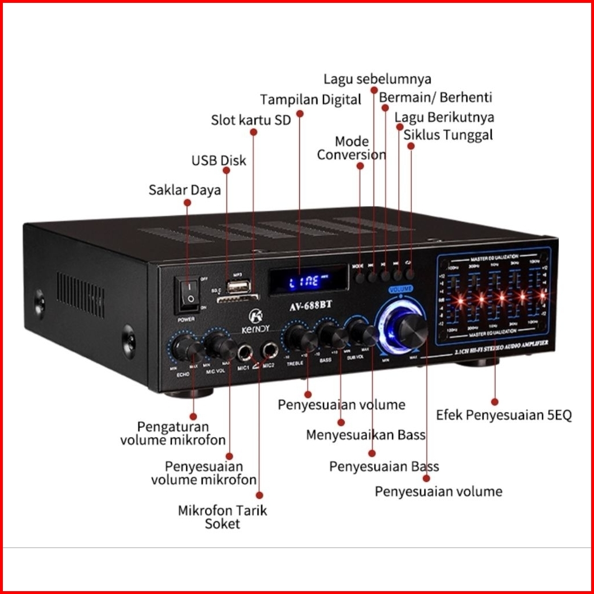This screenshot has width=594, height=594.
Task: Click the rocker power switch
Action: tap(188, 291)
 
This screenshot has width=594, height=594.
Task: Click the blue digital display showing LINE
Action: tap(308, 281)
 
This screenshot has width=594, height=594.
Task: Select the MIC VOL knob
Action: tap(219, 345)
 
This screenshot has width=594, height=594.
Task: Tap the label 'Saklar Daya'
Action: tap(184, 190)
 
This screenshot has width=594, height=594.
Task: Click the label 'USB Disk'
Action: tap(218, 160)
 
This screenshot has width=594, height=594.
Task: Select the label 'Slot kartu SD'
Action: tap(250, 120)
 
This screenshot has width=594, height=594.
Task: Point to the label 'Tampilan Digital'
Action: tap(310, 99)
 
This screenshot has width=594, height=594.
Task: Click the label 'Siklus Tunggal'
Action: tap(448, 135)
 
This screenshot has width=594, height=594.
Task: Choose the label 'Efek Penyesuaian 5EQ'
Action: tap(504, 415)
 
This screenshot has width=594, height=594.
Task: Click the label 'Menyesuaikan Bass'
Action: tap(365, 435)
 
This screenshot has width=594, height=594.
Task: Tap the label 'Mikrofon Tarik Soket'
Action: tap(222, 516)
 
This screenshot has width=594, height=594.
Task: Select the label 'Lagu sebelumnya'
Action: tap(377, 78)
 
